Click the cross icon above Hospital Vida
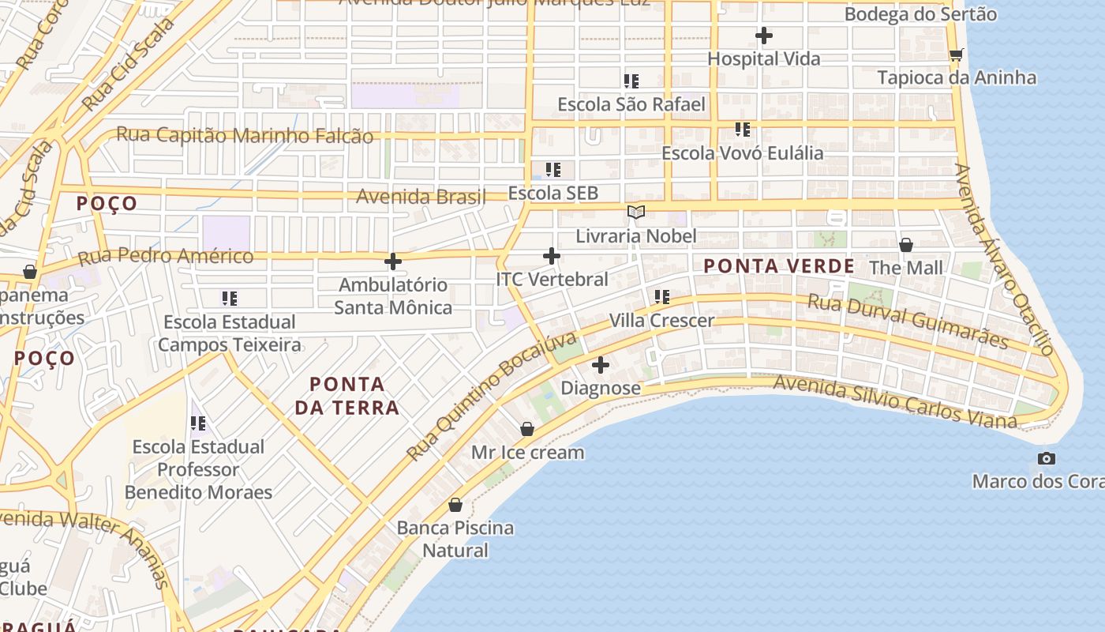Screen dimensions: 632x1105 point(763,36)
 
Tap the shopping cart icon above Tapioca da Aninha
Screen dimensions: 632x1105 point(956,55)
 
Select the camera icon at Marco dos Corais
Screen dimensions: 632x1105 point(1047,458)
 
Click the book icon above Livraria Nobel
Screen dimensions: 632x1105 point(635,212)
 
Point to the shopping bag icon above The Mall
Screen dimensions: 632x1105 point(906,245)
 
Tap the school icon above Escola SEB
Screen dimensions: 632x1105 point(553,170)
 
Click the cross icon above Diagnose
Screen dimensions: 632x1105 point(601,365)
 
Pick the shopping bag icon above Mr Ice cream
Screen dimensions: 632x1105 point(527,429)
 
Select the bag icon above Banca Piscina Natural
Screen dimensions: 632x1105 point(455,505)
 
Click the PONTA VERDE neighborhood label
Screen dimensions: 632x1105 point(779,266)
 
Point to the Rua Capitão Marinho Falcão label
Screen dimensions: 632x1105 point(245,135)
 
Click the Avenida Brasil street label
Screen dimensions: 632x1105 point(421,196)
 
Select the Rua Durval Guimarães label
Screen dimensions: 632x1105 point(908,321)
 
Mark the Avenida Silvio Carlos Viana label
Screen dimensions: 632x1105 point(895,401)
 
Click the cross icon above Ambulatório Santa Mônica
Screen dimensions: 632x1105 point(393,261)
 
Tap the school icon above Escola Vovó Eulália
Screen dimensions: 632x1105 point(743,130)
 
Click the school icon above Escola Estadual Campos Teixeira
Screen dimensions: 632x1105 point(230,299)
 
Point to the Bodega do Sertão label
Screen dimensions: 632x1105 point(920,14)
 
